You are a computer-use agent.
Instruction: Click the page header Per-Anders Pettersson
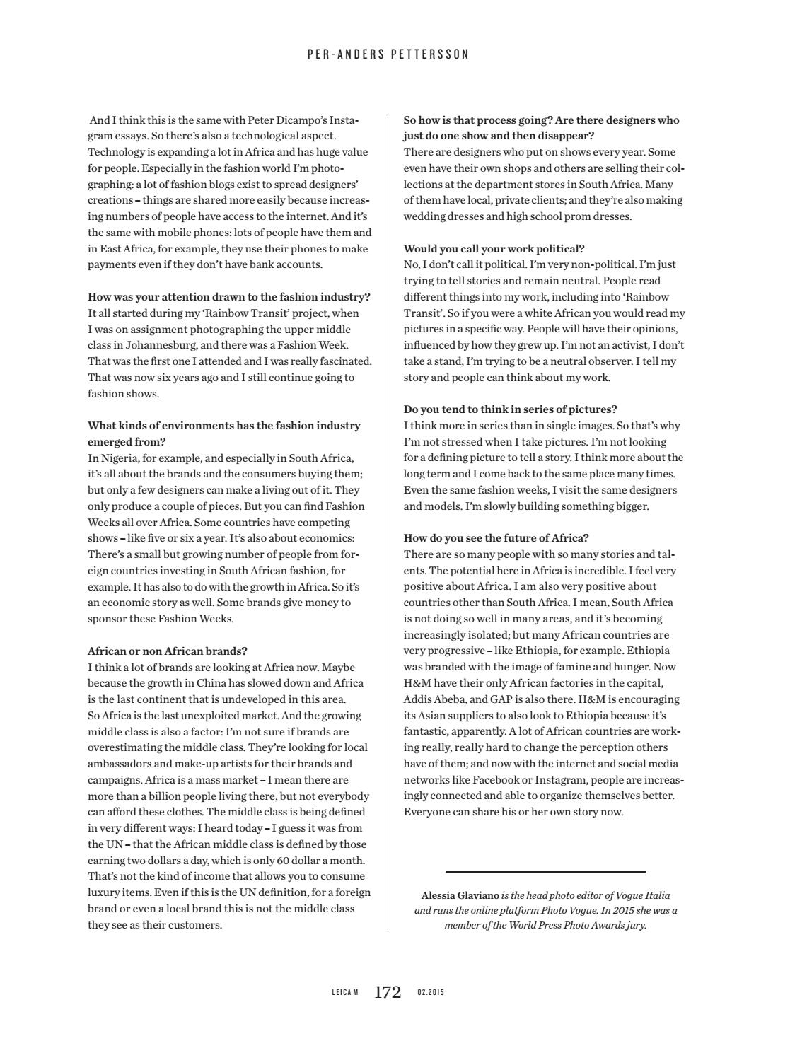point(388,54)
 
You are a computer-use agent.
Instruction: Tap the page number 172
point(388,992)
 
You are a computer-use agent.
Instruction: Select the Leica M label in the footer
point(345,993)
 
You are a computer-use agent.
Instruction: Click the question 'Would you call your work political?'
point(494,249)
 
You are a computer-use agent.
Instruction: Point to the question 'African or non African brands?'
point(167,651)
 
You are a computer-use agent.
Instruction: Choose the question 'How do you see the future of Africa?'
point(496,538)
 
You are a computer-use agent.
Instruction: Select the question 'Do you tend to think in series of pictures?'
point(510,409)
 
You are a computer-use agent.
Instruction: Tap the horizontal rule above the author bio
point(545,872)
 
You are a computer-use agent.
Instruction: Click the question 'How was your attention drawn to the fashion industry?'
point(228,297)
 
